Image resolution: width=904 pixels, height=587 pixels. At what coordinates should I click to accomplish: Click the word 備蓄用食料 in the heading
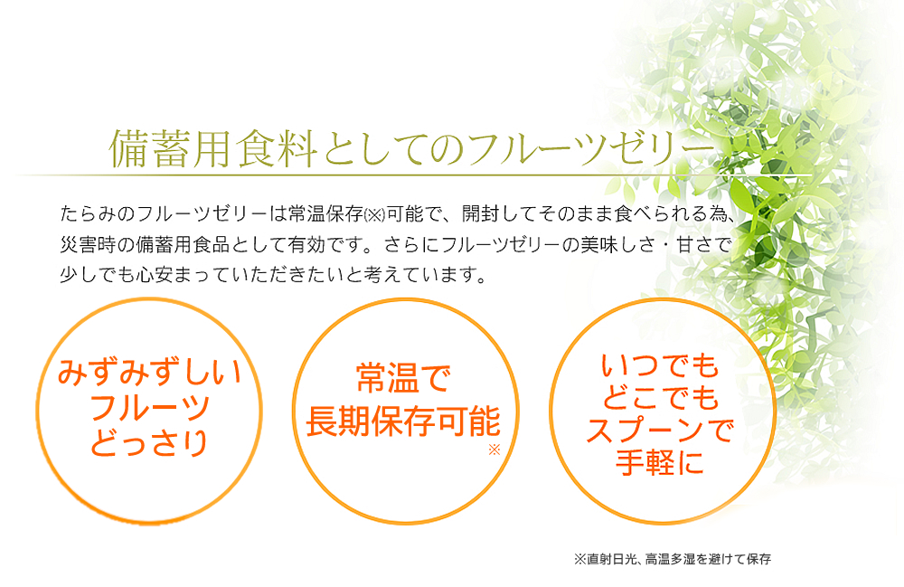[x=212, y=148]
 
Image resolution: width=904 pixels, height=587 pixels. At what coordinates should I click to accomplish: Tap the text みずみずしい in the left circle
[x=149, y=372]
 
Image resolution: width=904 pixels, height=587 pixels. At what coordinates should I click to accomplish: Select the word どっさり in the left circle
[x=149, y=443]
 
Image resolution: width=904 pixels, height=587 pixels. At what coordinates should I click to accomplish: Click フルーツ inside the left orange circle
[x=149, y=408]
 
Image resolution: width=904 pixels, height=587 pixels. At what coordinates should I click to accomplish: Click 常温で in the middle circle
[x=403, y=379]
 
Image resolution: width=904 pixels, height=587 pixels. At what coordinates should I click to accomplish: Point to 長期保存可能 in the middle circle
[x=403, y=421]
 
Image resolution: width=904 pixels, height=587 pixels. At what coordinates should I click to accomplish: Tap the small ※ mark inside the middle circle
[x=494, y=450]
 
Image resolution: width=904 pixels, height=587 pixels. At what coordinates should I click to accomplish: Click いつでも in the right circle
[x=660, y=365]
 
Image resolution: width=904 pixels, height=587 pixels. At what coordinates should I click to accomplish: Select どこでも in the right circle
[x=660, y=397]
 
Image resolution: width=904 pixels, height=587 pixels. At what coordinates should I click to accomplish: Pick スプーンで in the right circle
[x=660, y=431]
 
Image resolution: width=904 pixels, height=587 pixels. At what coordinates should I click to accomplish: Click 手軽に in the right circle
[x=660, y=462]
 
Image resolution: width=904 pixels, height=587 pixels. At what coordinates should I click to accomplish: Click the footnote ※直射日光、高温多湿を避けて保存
[x=673, y=559]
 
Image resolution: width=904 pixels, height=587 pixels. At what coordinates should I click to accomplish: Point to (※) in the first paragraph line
[x=375, y=215]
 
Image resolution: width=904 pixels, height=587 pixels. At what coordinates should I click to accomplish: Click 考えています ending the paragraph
[x=424, y=274]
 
